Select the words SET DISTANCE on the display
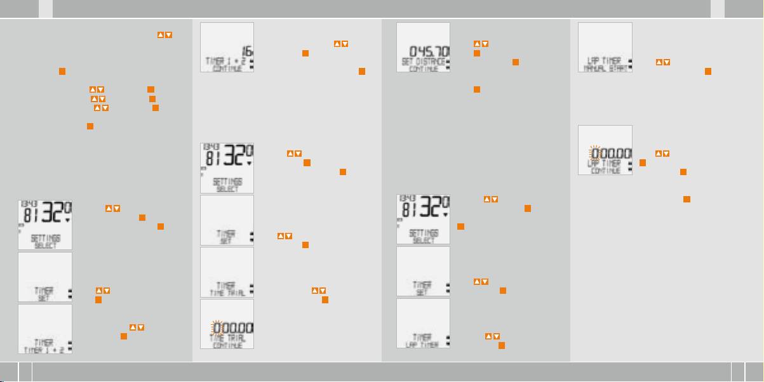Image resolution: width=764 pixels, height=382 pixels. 422,61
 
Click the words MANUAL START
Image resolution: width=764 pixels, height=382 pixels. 604,67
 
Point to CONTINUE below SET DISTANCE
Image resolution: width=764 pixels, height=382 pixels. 422,68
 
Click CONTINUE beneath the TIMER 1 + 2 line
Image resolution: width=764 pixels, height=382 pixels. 226,68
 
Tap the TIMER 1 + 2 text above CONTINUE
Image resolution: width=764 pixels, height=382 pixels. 226,61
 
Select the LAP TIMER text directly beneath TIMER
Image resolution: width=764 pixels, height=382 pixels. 422,345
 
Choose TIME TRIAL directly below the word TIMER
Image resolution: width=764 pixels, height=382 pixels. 226,293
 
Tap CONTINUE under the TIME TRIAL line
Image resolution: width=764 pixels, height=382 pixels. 226,345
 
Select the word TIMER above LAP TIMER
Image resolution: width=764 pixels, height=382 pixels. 422,338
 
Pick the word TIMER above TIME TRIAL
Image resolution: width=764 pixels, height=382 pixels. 226,286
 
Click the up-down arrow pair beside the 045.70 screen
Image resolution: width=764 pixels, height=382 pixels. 481,44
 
